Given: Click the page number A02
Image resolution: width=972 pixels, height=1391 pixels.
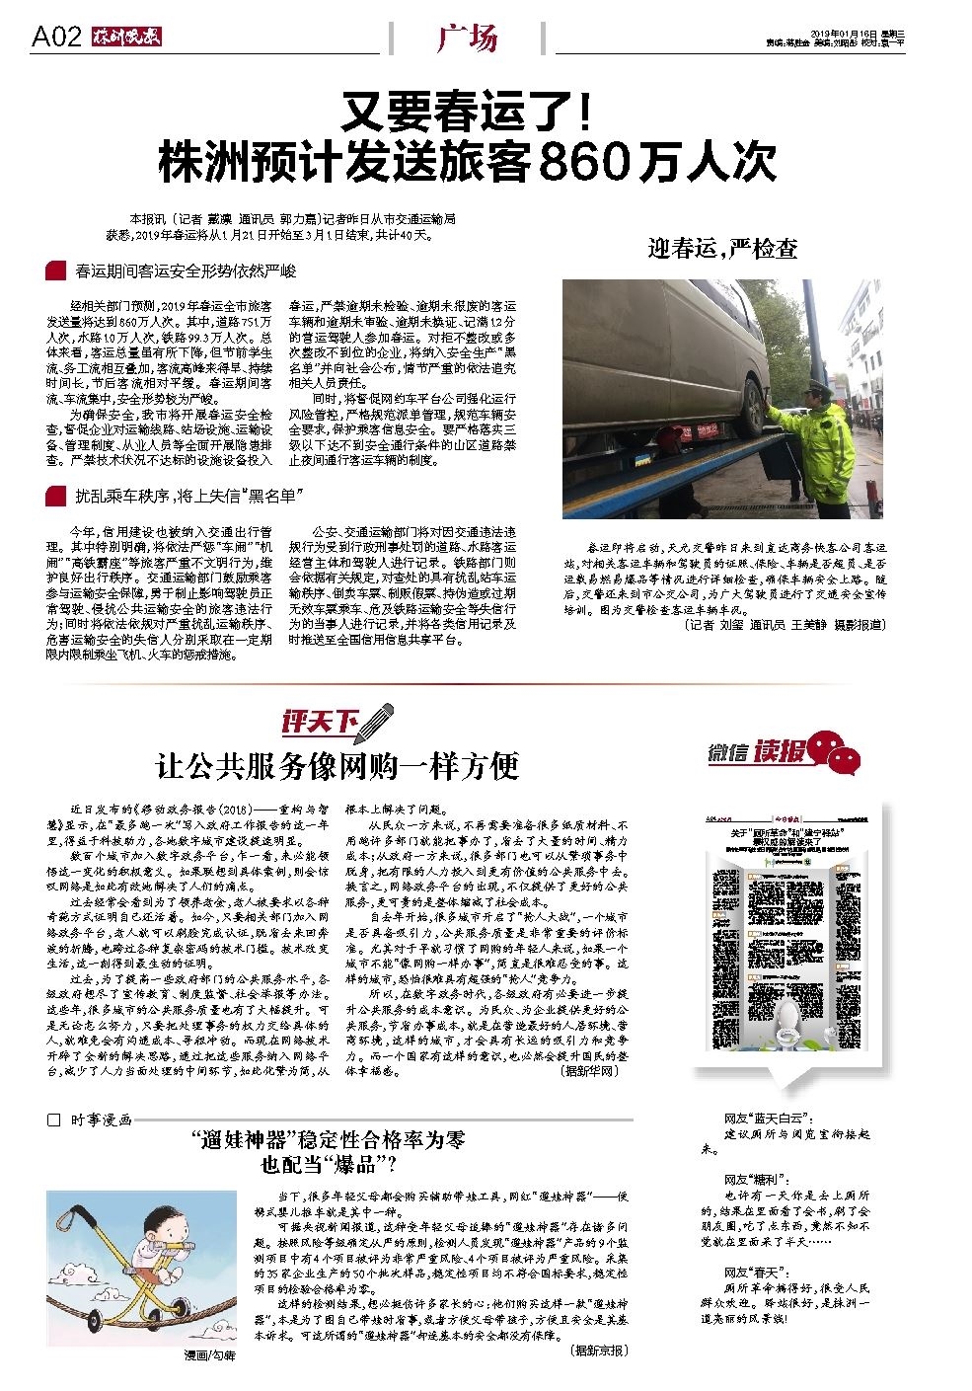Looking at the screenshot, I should (56, 38).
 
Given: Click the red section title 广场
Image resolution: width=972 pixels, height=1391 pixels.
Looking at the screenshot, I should (467, 39).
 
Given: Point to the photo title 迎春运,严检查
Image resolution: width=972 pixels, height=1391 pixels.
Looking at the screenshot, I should (722, 248).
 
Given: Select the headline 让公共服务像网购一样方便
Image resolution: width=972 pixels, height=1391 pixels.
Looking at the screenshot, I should (337, 765).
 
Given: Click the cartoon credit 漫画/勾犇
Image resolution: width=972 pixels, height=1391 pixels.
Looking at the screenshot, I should (210, 1355).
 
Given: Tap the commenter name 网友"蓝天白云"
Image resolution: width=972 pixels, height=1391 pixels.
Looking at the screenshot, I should (768, 1120).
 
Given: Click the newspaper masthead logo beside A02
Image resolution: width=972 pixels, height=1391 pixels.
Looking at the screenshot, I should (125, 39).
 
